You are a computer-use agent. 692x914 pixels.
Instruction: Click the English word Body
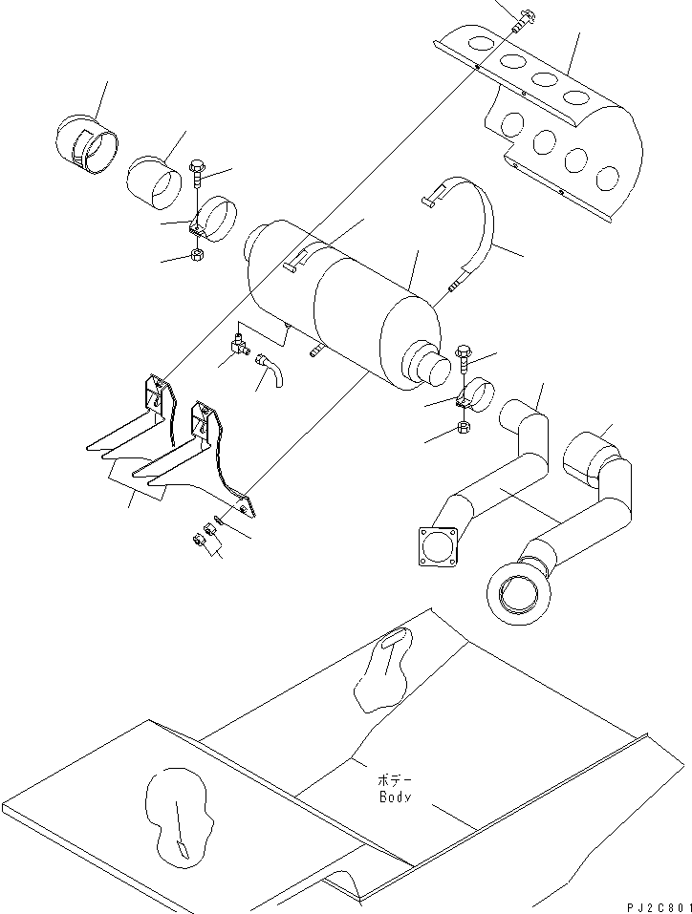click(x=394, y=797)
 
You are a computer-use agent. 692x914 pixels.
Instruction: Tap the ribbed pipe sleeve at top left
click(x=88, y=144)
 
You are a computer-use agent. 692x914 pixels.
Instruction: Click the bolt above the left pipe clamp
click(x=198, y=172)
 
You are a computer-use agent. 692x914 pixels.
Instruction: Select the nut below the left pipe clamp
click(x=195, y=256)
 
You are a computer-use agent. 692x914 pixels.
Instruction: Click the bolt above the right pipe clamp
click(x=465, y=355)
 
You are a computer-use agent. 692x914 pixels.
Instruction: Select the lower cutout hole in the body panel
click(x=179, y=818)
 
